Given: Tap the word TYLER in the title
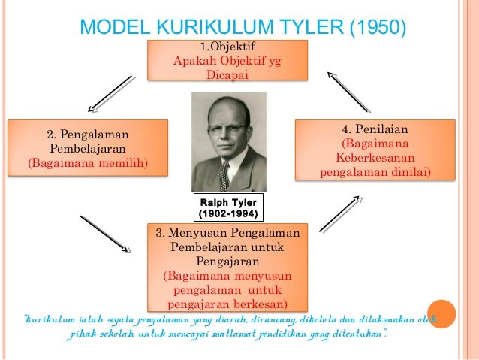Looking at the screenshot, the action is (x=309, y=28).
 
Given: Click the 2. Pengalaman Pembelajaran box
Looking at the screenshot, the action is (x=88, y=148).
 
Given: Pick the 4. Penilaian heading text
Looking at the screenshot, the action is (x=375, y=129).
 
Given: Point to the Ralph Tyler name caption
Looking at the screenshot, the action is (x=228, y=203).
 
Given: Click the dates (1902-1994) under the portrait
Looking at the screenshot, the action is (x=228, y=214).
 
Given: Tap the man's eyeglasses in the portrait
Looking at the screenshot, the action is (x=226, y=129).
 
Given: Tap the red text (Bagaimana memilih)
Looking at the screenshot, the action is (x=88, y=162).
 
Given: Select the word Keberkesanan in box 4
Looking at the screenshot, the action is (x=375, y=158).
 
